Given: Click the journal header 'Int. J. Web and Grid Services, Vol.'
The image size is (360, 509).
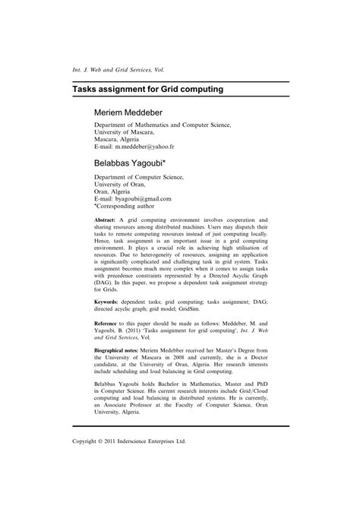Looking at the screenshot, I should pos(123,68).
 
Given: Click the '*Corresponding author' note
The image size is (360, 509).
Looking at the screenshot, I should pos(125,206).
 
